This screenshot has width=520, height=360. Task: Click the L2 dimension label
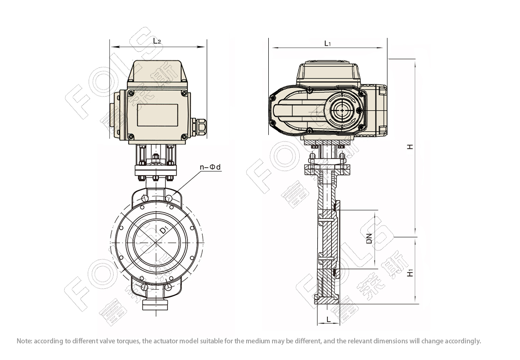(157, 41)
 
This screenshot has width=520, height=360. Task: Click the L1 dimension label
(327, 43)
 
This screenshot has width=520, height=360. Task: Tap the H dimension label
(411, 146)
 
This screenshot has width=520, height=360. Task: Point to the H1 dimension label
(411, 273)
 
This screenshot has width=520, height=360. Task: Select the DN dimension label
(369, 239)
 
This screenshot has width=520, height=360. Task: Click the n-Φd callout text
(210, 167)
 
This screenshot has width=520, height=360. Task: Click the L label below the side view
(328, 319)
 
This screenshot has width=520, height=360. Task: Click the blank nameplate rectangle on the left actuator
(157, 115)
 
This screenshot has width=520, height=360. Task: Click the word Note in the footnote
(23, 341)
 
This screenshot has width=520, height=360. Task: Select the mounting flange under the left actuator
(156, 171)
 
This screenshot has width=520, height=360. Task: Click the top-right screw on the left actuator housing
(183, 93)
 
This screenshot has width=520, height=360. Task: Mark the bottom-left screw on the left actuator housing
(131, 136)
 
